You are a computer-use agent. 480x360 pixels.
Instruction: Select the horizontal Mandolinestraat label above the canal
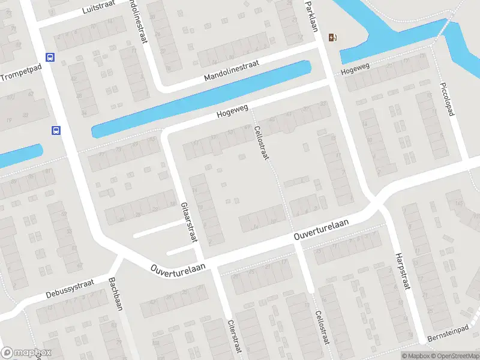click(231, 73)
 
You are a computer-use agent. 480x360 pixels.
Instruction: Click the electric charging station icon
click(333, 38)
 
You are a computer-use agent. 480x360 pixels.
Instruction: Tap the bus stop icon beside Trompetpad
click(50, 58)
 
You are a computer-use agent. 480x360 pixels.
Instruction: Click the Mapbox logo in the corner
click(26, 353)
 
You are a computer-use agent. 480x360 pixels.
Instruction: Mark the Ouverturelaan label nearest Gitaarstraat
click(179, 266)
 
